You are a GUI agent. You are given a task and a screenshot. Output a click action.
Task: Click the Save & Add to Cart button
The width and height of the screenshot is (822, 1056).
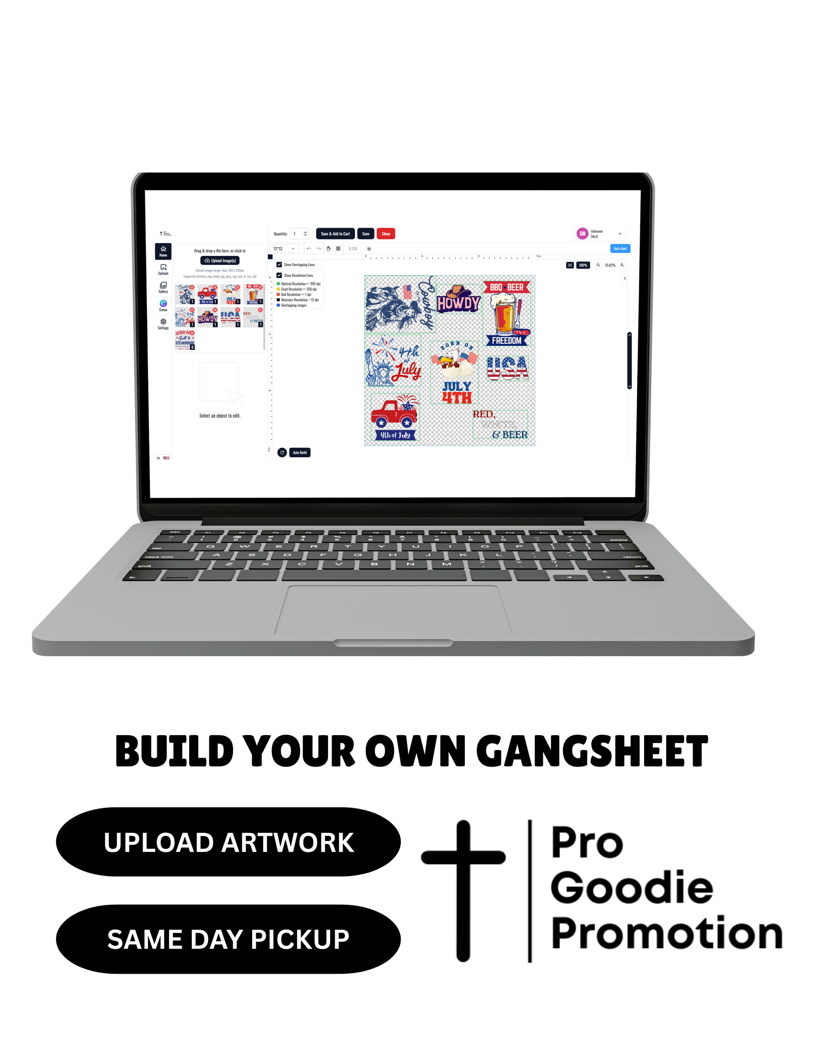tap(335, 234)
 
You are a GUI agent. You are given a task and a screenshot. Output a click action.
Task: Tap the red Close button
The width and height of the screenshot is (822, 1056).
tap(386, 234)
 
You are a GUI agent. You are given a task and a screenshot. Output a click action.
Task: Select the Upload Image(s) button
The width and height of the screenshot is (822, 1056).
tap(220, 261)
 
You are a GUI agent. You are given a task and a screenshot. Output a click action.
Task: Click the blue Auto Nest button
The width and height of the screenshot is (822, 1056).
tap(620, 249)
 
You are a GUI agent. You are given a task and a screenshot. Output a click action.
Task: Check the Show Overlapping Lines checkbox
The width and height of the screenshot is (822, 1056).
tap(279, 265)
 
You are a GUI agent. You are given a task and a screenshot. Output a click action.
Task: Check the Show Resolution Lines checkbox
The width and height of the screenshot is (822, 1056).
tap(279, 275)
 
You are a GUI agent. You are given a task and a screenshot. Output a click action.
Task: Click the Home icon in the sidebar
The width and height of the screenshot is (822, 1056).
tap(163, 251)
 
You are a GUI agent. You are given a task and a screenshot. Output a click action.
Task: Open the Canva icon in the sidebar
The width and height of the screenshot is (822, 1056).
tap(163, 304)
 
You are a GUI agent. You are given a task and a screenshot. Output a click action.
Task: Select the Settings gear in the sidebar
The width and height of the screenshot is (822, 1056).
tap(163, 323)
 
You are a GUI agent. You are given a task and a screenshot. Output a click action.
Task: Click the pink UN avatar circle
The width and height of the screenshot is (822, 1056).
tap(582, 234)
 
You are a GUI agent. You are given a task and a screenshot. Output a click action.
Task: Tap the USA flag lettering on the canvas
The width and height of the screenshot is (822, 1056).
tap(507, 369)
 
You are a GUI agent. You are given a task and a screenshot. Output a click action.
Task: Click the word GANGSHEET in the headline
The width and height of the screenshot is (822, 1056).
tap(592, 752)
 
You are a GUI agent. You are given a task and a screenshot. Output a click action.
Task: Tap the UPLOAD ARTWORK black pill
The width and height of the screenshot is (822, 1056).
tap(228, 842)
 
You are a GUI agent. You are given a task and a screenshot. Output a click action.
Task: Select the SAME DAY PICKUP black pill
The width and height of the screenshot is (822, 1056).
tap(228, 939)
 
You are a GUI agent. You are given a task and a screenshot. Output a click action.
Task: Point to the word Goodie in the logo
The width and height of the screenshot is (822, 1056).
tap(632, 888)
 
